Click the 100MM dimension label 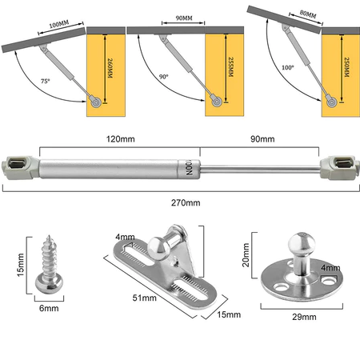tap(59, 24)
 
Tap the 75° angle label tap(46, 81)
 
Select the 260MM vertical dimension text tap(110, 68)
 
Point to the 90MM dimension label tap(184, 18)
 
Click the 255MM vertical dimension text tap(231, 67)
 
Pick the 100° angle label tap(288, 67)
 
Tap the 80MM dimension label tap(308, 14)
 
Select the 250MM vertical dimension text tap(346, 67)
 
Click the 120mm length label tap(121, 139)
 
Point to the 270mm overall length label tap(186, 202)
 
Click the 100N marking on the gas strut tap(189, 168)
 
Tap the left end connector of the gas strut tap(21, 168)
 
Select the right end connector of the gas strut tap(339, 167)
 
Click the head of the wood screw tap(50, 283)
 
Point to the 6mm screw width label tap(49, 308)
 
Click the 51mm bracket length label tap(144, 298)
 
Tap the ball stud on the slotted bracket tap(159, 248)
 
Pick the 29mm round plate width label tap(304, 317)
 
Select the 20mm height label tap(246, 254)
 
